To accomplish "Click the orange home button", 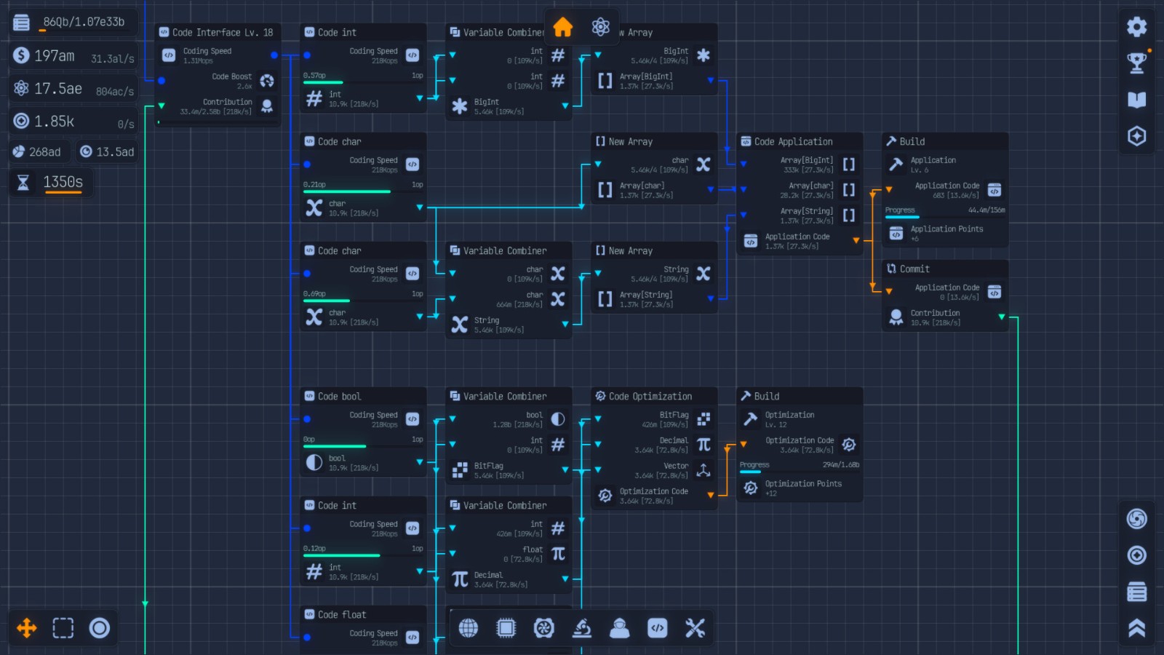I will click(x=562, y=27).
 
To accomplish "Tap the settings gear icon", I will click(x=1136, y=27).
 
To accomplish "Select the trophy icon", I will click(x=1136, y=63).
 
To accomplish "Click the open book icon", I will click(x=1136, y=100).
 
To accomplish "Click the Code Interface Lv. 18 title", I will click(x=222, y=33).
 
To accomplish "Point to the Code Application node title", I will click(x=793, y=142).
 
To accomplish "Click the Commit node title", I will click(x=914, y=269).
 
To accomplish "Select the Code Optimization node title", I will click(x=650, y=397).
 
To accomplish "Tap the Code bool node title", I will click(x=339, y=397).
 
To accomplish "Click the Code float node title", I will click(x=341, y=615).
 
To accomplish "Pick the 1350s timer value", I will click(x=63, y=182).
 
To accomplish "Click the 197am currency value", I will click(x=54, y=56).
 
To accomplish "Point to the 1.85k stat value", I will click(x=54, y=122).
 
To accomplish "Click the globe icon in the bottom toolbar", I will click(x=469, y=628).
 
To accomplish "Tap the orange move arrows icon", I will click(x=27, y=628).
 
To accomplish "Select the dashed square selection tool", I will click(x=63, y=628).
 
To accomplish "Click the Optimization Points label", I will click(x=803, y=484).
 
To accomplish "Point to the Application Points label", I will click(x=946, y=229).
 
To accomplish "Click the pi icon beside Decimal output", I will click(x=460, y=579).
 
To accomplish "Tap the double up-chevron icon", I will click(x=1136, y=628).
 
